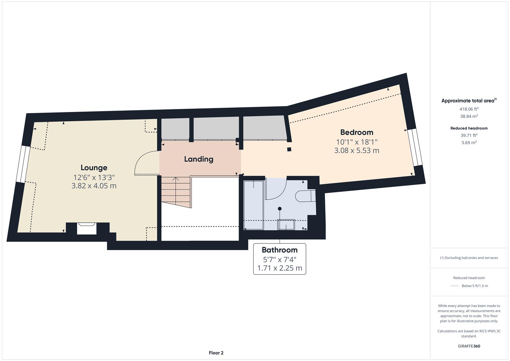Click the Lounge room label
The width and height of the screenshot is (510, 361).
pyautogui.click(x=94, y=167)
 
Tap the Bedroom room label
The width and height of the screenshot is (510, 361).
pyautogui.click(x=356, y=132)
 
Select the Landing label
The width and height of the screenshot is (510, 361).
pyautogui.click(x=199, y=159)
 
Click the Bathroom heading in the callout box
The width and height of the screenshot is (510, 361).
pyautogui.click(x=280, y=250)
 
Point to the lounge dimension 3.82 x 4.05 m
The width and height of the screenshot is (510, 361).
pyautogui.click(x=94, y=186)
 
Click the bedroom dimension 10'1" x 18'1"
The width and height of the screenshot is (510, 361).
pyautogui.click(x=356, y=142)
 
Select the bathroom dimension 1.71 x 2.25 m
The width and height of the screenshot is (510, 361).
pyautogui.click(x=280, y=268)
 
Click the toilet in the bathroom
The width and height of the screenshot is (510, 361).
pyautogui.click(x=305, y=196)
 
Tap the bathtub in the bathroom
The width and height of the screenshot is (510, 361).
pyautogui.click(x=253, y=205)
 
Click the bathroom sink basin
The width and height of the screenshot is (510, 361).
pyautogui.click(x=286, y=225)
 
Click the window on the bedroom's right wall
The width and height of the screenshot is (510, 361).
pyautogui.click(x=415, y=147)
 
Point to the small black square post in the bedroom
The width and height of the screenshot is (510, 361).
pyautogui.click(x=289, y=149)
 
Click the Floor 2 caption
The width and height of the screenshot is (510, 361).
pyautogui.click(x=216, y=353)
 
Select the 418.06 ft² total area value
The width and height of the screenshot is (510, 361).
pyautogui.click(x=469, y=109)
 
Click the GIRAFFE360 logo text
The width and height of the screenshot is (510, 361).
pyautogui.click(x=469, y=346)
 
